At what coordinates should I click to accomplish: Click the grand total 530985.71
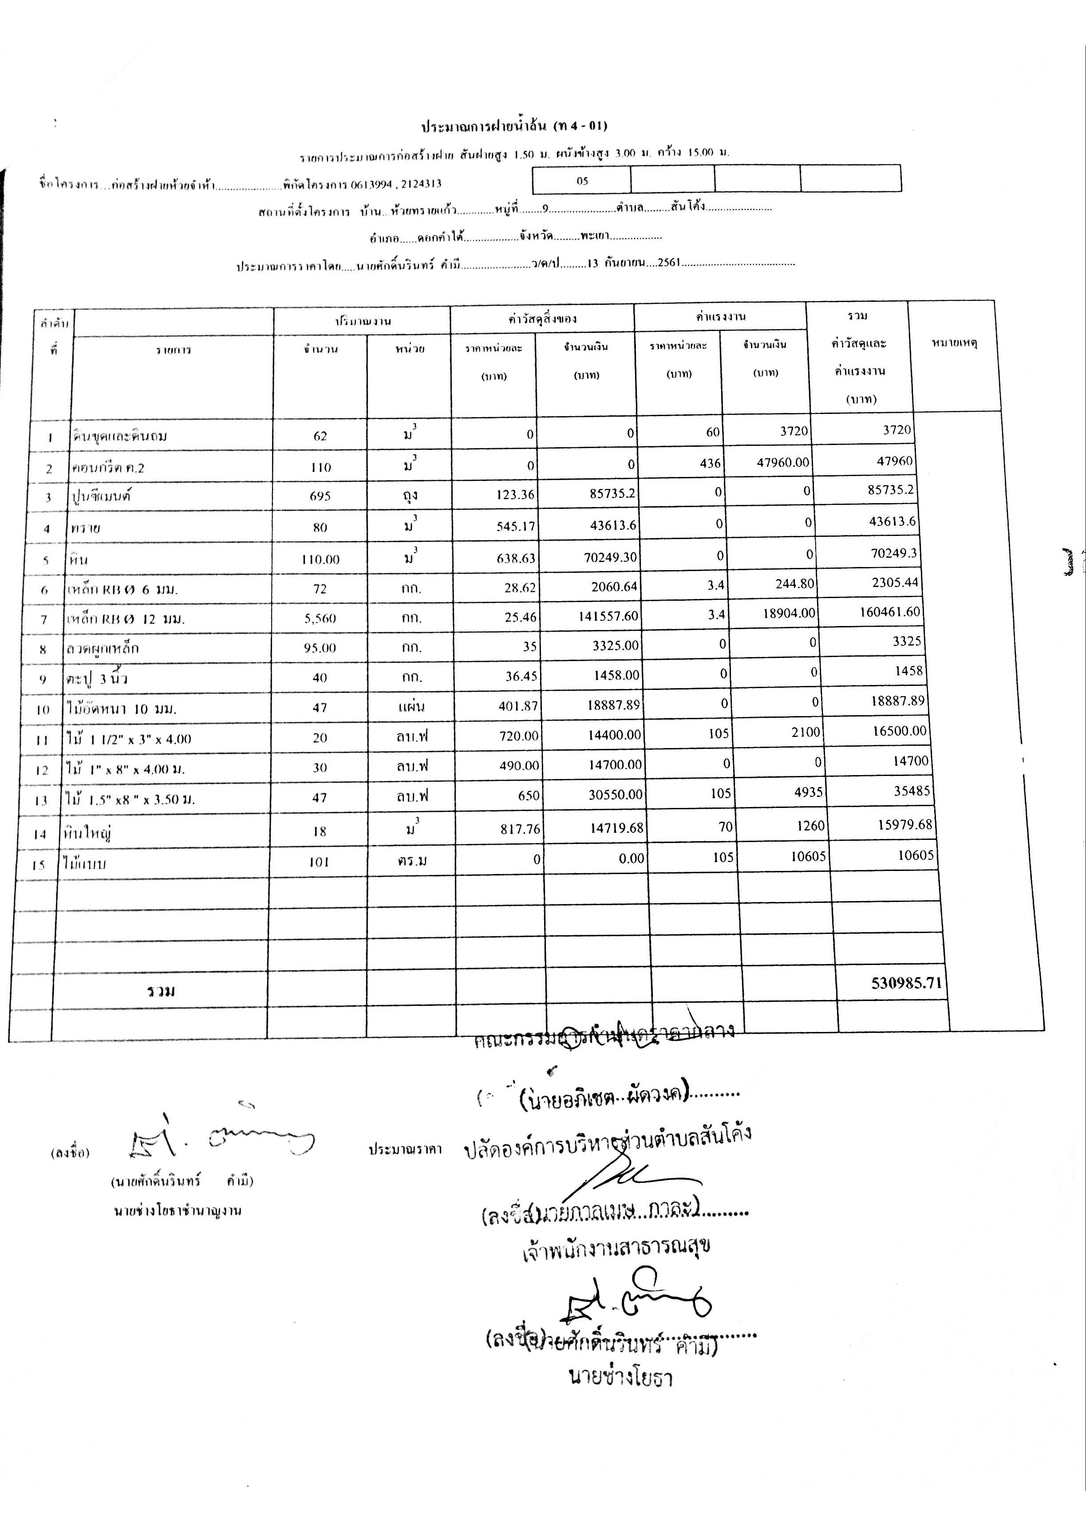coord(906,983)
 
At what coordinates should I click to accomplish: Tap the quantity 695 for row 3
coord(320,496)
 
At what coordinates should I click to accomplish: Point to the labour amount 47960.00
coord(783,462)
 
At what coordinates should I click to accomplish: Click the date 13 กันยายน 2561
coord(633,263)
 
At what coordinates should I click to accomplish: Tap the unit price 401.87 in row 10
coord(518,705)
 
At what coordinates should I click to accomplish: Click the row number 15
coord(39,864)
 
